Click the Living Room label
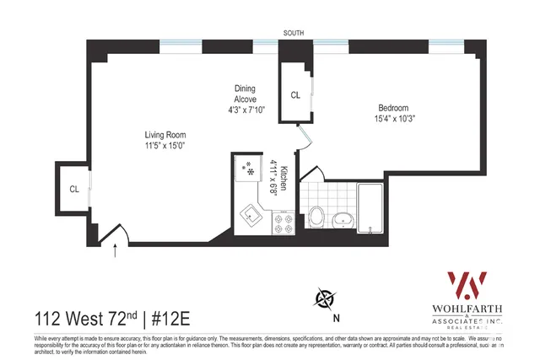pyautogui.click(x=165, y=134)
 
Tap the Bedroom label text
pyautogui.click(x=393, y=108)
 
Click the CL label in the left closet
pyautogui.click(x=74, y=189)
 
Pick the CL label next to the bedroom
pyautogui.click(x=294, y=95)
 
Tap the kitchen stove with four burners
pyautogui.click(x=283, y=223)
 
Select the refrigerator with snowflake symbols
pyautogui.click(x=249, y=169)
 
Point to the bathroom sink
pyautogui.click(x=343, y=221)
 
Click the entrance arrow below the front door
pyautogui.click(x=116, y=250)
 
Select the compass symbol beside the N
pyautogui.click(x=323, y=298)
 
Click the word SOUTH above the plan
pyautogui.click(x=294, y=34)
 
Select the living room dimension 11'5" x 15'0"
pyautogui.click(x=165, y=145)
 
